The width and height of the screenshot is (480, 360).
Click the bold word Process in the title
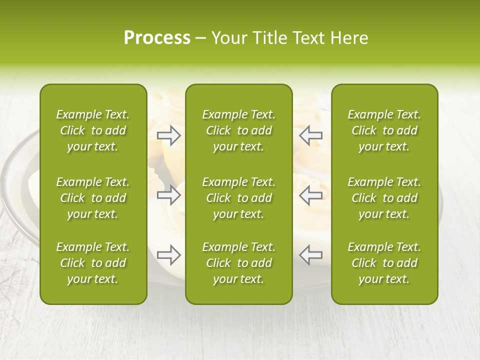pos(157,38)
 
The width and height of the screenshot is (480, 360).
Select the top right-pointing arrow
pos(169,135)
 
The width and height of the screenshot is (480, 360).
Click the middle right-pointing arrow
pos(169,195)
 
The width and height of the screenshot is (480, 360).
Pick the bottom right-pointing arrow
pos(169,255)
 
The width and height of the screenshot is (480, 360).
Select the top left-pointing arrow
pos(310,135)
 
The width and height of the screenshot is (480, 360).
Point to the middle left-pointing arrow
pos(310,195)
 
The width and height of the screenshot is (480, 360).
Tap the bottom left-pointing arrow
pos(310,255)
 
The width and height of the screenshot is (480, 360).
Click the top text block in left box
pos(93,130)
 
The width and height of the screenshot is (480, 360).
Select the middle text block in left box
pos(93,198)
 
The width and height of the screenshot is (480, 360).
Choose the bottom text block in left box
pos(93,263)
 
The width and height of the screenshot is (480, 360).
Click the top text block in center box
pos(238,130)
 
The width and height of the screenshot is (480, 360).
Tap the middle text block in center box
pos(238,198)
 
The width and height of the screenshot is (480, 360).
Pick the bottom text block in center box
pos(238,263)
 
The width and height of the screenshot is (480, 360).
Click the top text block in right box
pos(384,130)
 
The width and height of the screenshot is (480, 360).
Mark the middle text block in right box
pos(384,198)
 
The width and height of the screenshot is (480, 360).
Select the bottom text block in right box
pos(384,263)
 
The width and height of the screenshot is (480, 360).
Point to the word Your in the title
pos(229,38)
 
